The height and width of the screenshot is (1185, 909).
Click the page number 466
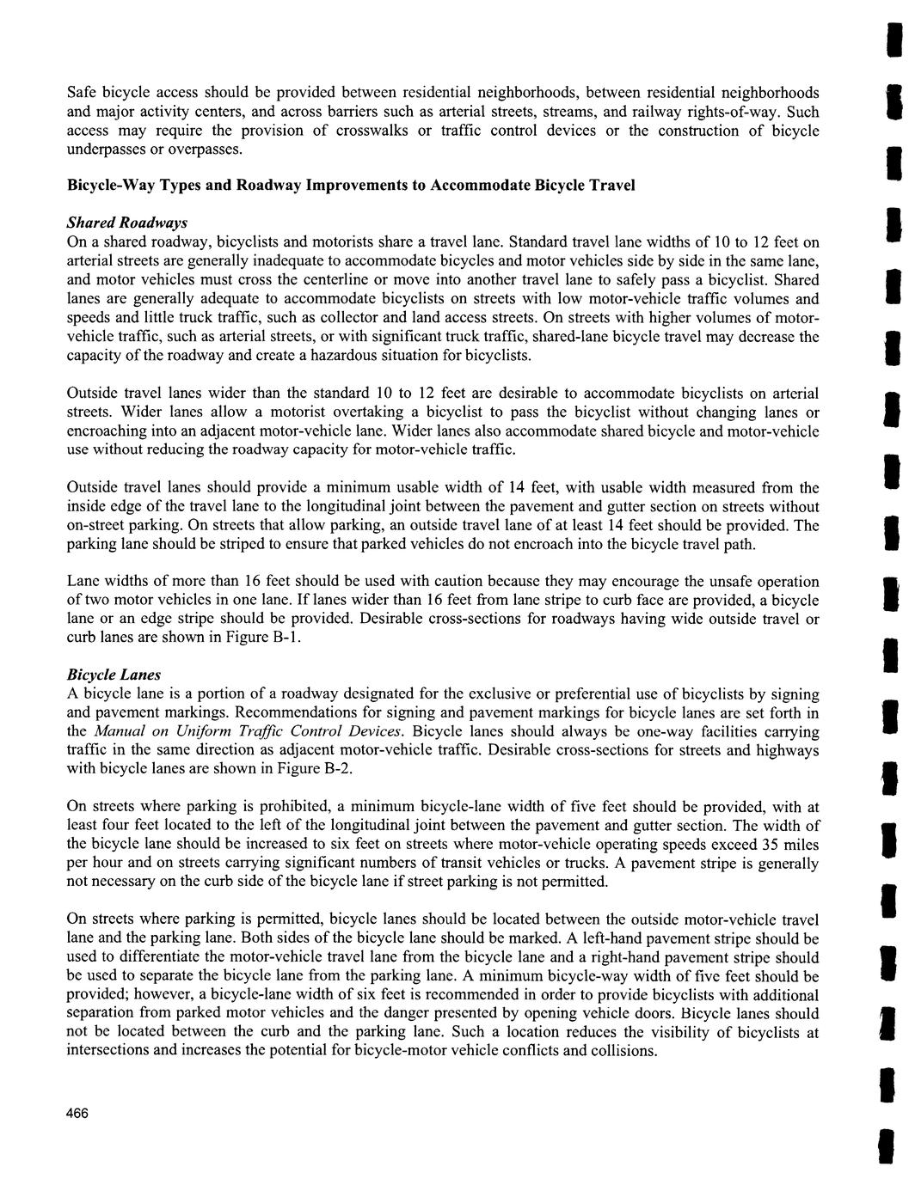coord(77,1113)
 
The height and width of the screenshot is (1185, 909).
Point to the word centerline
coord(327,279)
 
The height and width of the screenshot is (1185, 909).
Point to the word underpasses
coord(107,150)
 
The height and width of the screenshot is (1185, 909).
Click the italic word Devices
coord(374,731)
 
